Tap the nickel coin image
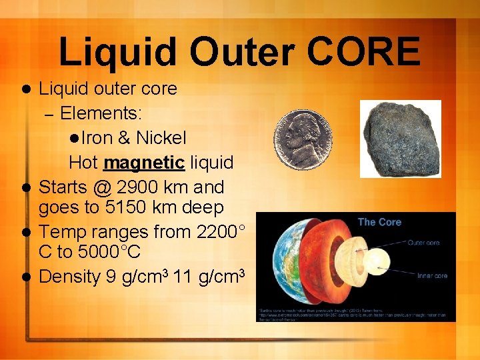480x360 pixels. tap(304, 141)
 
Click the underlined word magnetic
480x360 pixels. tap(144, 162)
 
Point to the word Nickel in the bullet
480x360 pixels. tap(161, 138)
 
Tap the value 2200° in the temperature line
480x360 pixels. tap(220, 232)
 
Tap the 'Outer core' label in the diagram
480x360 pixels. tap(423, 243)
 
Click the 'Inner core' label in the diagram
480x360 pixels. tap(432, 275)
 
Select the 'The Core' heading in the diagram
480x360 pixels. tap(379, 222)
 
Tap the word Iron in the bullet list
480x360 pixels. tap(97, 138)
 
